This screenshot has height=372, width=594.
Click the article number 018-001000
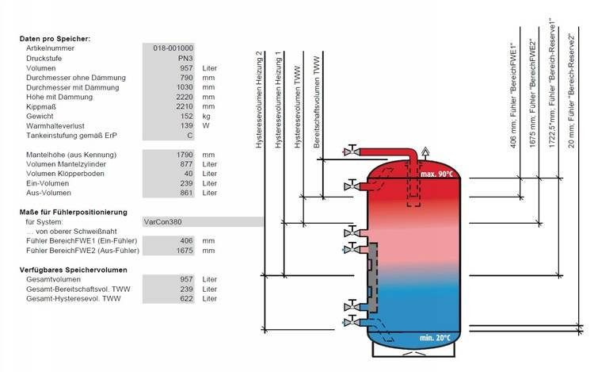pos(173,48)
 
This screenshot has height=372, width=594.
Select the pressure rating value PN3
pos(185,58)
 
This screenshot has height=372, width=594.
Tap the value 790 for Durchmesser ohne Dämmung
pos(186,78)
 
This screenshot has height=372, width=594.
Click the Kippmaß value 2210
pos(185,106)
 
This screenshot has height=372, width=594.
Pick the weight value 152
pos(186,116)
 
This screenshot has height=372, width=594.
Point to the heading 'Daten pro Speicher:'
pos(55,39)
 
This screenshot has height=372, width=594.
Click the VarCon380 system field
pos(203,221)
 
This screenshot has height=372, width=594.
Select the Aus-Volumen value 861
pos(186,193)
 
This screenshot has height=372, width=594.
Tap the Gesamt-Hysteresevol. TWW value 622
pos(186,298)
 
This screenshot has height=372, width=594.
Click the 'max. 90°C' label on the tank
pos(436,174)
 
